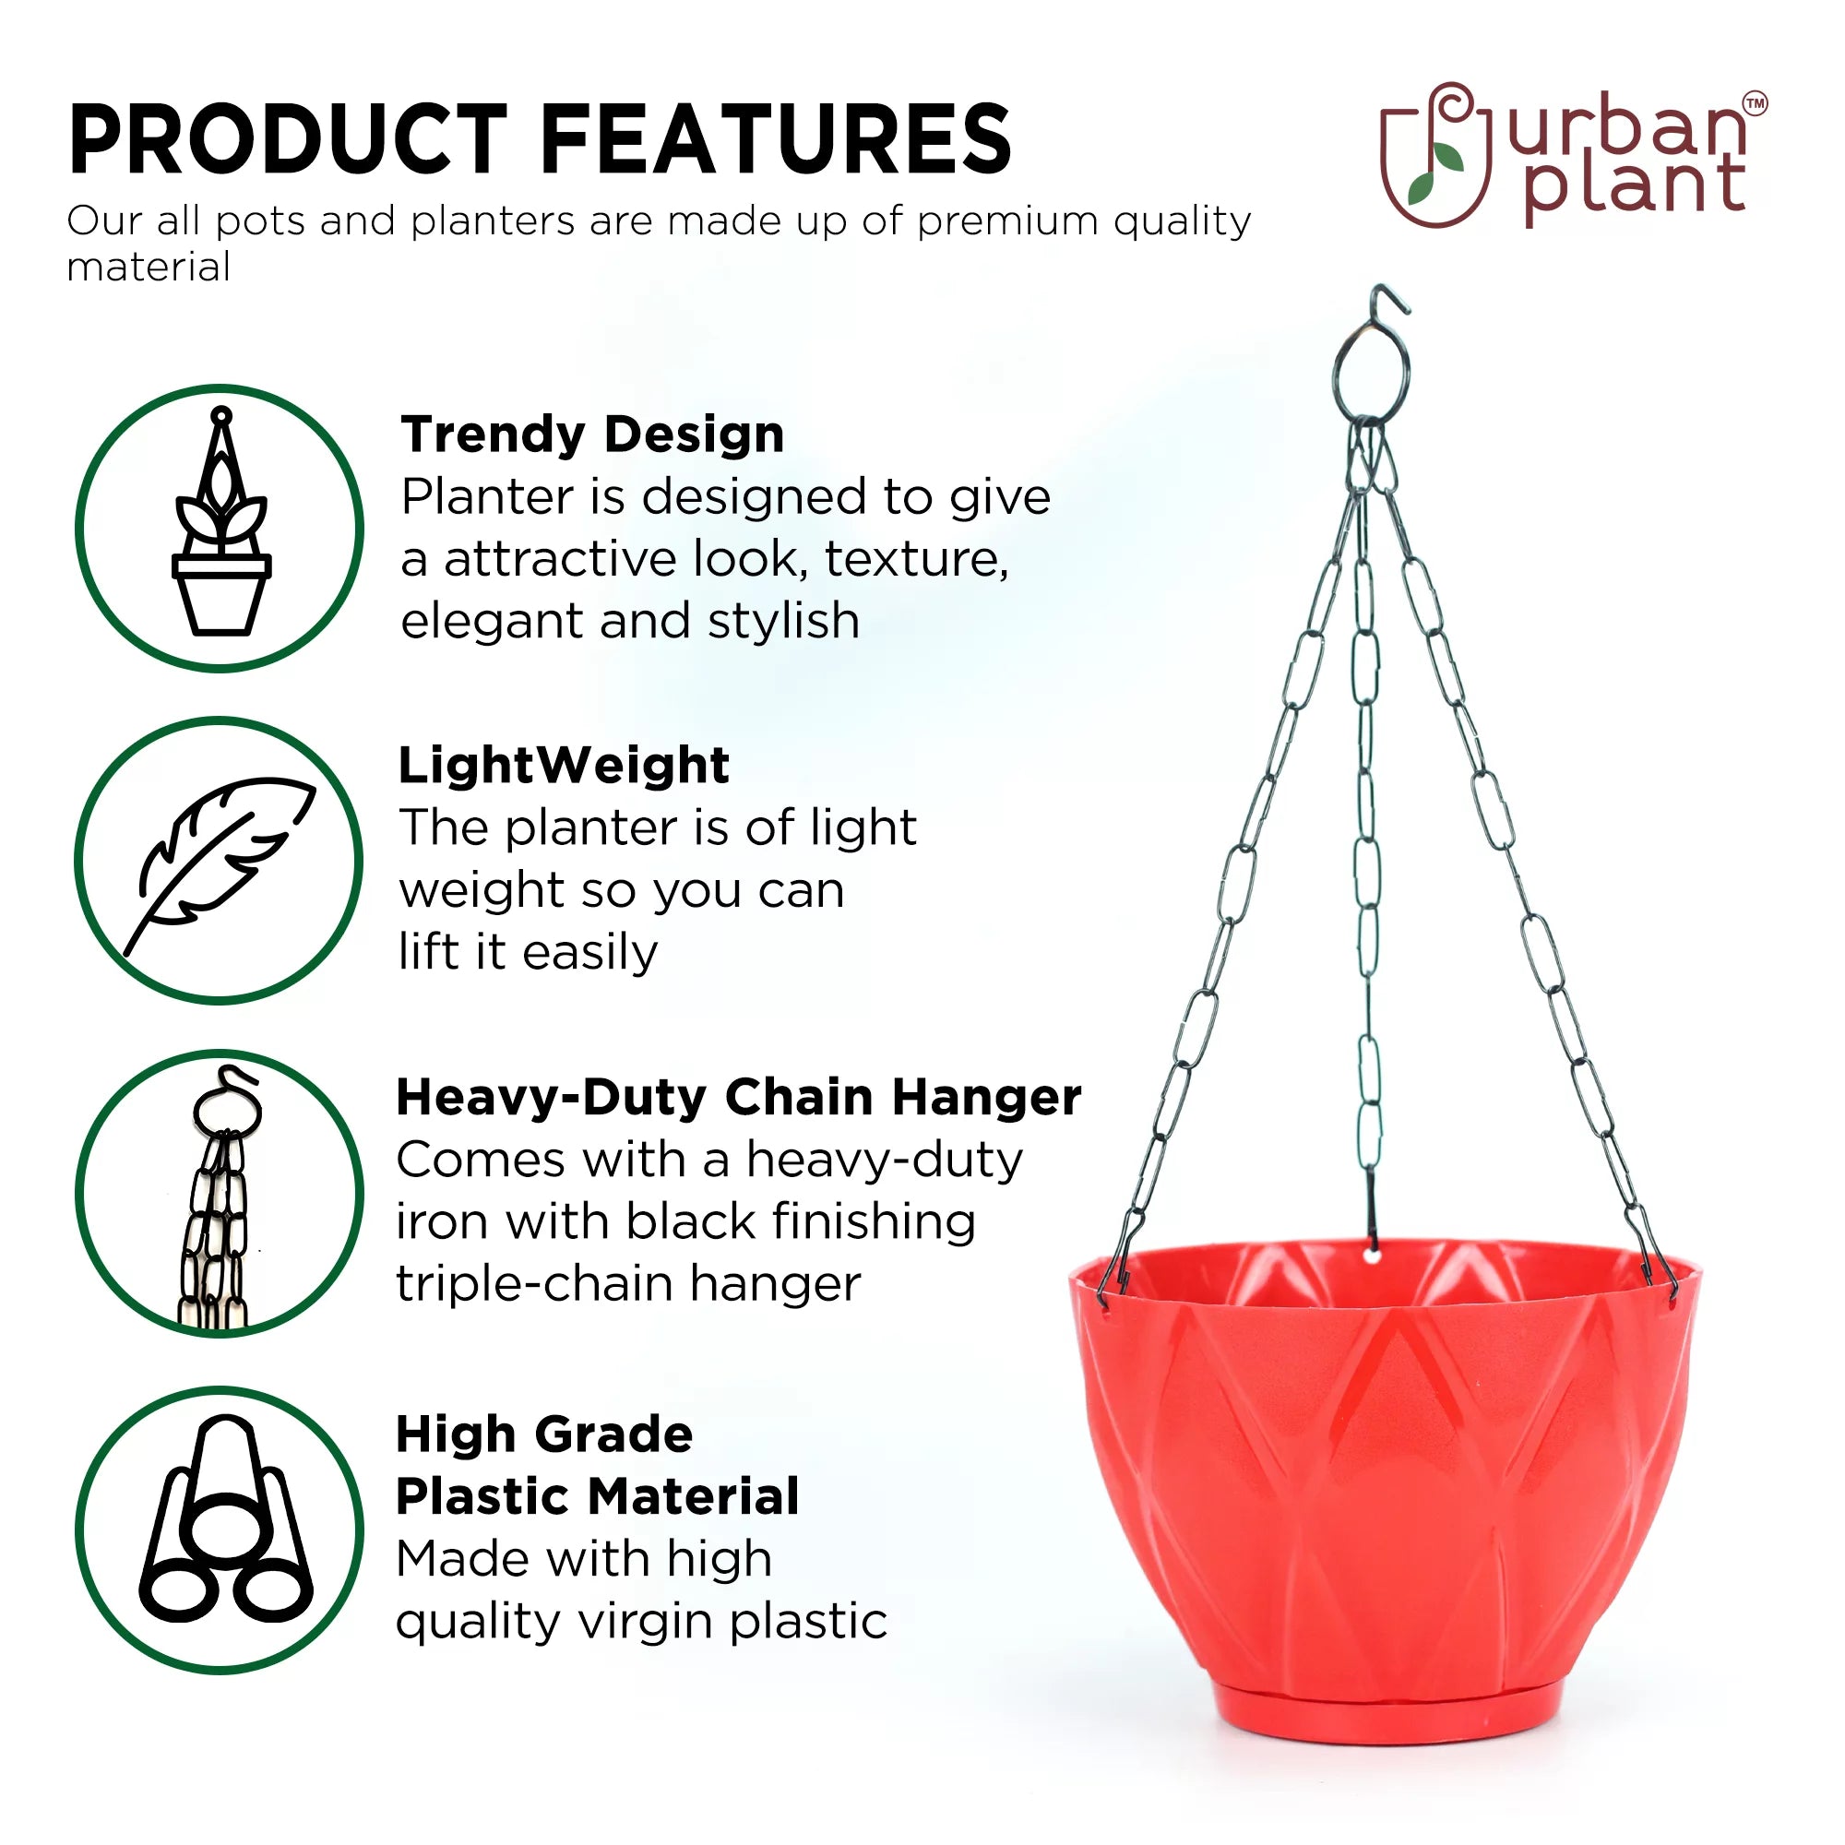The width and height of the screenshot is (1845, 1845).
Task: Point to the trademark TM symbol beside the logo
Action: (x=1756, y=103)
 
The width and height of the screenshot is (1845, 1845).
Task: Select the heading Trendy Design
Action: (x=592, y=434)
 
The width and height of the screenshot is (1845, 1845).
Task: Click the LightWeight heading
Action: (x=564, y=765)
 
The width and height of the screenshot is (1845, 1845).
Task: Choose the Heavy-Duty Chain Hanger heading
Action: (x=739, y=1096)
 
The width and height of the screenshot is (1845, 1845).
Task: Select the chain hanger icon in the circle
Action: (x=220, y=1199)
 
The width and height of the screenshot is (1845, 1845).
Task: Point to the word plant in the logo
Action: (x=1634, y=186)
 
